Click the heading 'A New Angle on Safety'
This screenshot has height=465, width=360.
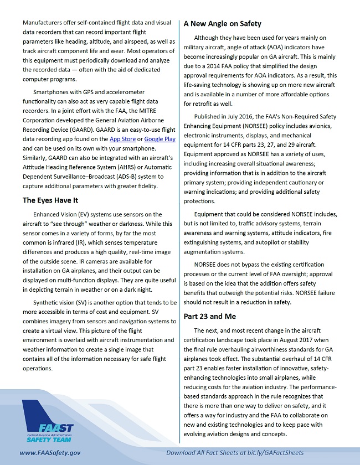pyautogui.click(x=222, y=24)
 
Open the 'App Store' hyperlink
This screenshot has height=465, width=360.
pyautogui.click(x=121, y=139)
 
